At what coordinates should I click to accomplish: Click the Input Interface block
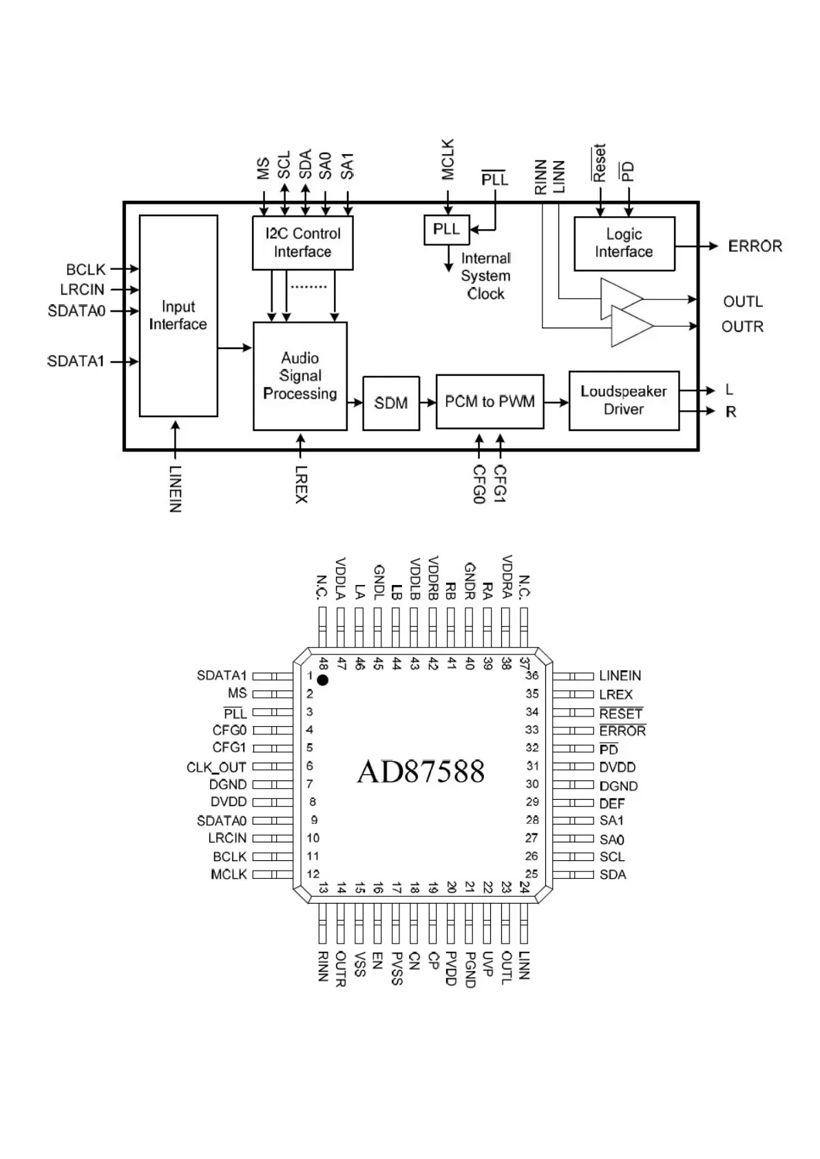178,315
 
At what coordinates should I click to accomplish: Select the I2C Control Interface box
303,243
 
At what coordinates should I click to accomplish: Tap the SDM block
391,403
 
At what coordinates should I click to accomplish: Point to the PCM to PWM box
490,402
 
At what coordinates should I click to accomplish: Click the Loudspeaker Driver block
624,401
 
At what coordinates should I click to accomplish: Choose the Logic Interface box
624,244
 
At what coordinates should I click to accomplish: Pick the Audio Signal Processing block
300,376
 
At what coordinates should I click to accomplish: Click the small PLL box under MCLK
446,230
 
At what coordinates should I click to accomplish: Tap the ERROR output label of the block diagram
755,246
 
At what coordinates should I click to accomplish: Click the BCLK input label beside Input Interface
86,269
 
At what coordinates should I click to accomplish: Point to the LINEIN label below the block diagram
176,489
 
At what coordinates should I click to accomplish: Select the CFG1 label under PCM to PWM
501,483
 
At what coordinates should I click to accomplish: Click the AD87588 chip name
421,772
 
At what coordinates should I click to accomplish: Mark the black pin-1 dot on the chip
322,680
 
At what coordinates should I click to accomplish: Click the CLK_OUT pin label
216,767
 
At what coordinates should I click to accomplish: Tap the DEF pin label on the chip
612,803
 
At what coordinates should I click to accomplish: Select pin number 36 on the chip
532,676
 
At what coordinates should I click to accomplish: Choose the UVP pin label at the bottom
487,964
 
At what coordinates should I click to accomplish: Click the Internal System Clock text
485,276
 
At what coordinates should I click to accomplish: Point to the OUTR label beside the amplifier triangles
742,326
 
